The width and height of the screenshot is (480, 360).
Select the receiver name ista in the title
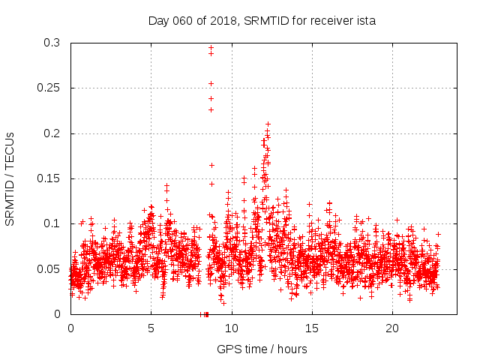(363, 21)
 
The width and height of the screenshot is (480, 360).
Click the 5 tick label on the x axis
(151, 328)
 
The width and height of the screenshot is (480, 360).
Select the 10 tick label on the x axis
(232, 328)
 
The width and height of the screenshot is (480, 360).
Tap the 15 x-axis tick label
(312, 328)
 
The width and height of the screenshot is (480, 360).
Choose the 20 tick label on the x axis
(392, 328)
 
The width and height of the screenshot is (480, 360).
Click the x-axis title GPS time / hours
(262, 349)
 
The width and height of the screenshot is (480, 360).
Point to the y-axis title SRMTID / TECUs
(10, 178)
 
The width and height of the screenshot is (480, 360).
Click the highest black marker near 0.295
(211, 47)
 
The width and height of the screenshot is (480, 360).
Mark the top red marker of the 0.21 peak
(268, 124)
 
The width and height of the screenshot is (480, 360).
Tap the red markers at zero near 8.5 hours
(205, 313)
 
